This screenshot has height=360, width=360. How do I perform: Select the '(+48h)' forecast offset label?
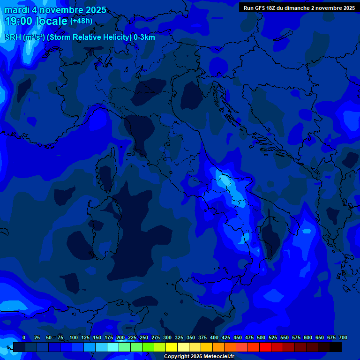81,21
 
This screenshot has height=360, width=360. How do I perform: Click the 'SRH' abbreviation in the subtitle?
13,37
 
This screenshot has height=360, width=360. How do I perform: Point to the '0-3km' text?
144,37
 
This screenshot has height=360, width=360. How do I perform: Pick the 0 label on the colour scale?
24,338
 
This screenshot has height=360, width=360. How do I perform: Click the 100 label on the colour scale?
74,338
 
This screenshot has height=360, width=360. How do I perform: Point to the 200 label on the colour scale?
120,338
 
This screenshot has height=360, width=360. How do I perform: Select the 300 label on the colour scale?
167,338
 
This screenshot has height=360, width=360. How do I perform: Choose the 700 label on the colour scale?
343,338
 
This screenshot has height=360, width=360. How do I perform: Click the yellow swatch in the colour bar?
172,347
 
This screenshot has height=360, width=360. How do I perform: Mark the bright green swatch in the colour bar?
148,347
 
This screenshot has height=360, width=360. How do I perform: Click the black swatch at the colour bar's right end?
336,347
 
